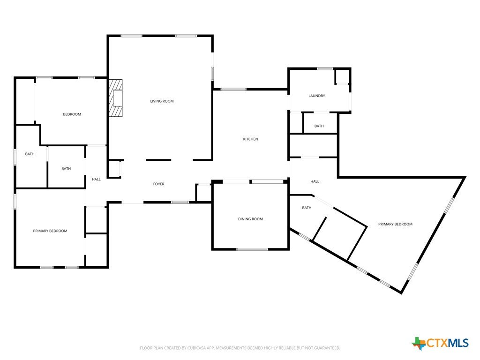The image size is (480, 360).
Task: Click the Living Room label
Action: click(162, 101)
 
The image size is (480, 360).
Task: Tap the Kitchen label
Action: click(250, 139)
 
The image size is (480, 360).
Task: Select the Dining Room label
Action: click(250, 219)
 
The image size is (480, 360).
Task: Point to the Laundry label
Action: click(316, 96)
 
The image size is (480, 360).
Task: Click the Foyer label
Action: click(158, 184)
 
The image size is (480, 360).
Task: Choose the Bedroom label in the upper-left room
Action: click(72, 114)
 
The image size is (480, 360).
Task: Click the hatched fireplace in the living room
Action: click(116, 98)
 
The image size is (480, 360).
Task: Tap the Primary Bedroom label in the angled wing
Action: click(395, 224)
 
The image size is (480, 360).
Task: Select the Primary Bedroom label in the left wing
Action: click(50, 231)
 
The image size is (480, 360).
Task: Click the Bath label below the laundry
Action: click(319, 126)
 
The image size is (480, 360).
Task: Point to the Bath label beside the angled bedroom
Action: click(307, 208)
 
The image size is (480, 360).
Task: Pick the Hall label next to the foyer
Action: click(96, 180)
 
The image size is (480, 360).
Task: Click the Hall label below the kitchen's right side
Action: click(315, 181)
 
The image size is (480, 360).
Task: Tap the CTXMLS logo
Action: click(440, 343)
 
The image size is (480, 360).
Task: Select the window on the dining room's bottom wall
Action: click(252, 249)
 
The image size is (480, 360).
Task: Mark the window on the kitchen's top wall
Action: click(233, 90)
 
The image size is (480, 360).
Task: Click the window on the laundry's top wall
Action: click(325, 68)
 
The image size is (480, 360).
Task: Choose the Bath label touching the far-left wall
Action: click(30, 154)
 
